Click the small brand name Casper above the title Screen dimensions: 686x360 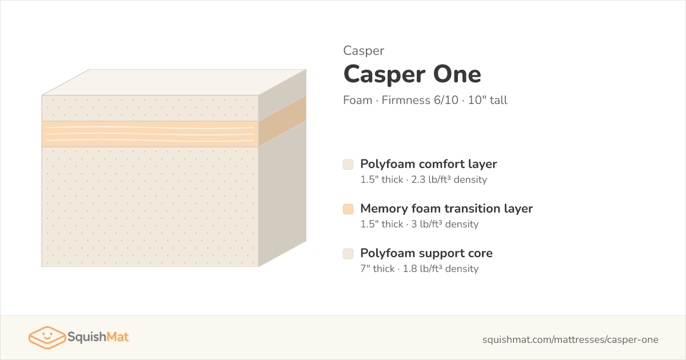364,51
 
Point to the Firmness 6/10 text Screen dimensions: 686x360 420,100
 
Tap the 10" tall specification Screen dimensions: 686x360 488,100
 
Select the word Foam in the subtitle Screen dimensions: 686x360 357,100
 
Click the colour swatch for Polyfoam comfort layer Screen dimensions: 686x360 348,165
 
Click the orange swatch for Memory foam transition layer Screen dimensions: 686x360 348,209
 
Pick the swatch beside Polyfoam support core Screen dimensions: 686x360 348,254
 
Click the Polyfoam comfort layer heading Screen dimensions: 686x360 428,165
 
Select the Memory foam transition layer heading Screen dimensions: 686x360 446,209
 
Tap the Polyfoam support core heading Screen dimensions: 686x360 426,254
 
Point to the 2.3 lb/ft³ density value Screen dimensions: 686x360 449,179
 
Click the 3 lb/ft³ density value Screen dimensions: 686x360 445,225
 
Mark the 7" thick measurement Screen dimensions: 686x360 377,269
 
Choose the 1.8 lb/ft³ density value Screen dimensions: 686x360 440,269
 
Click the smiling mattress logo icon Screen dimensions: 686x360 47,337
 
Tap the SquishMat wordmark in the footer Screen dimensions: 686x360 98,337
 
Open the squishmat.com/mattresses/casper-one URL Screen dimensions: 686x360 571,340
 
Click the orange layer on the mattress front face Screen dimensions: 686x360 150,134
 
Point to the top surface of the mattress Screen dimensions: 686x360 174,82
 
